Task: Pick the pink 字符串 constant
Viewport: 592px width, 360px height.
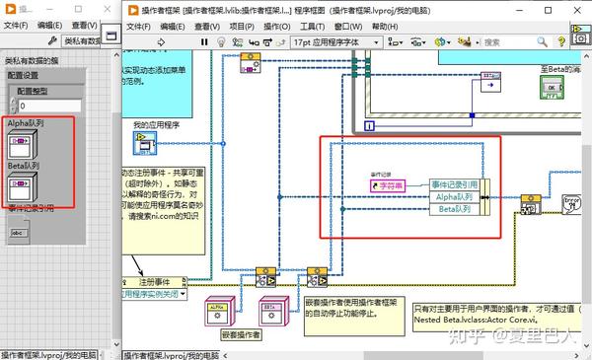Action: (387, 184)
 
